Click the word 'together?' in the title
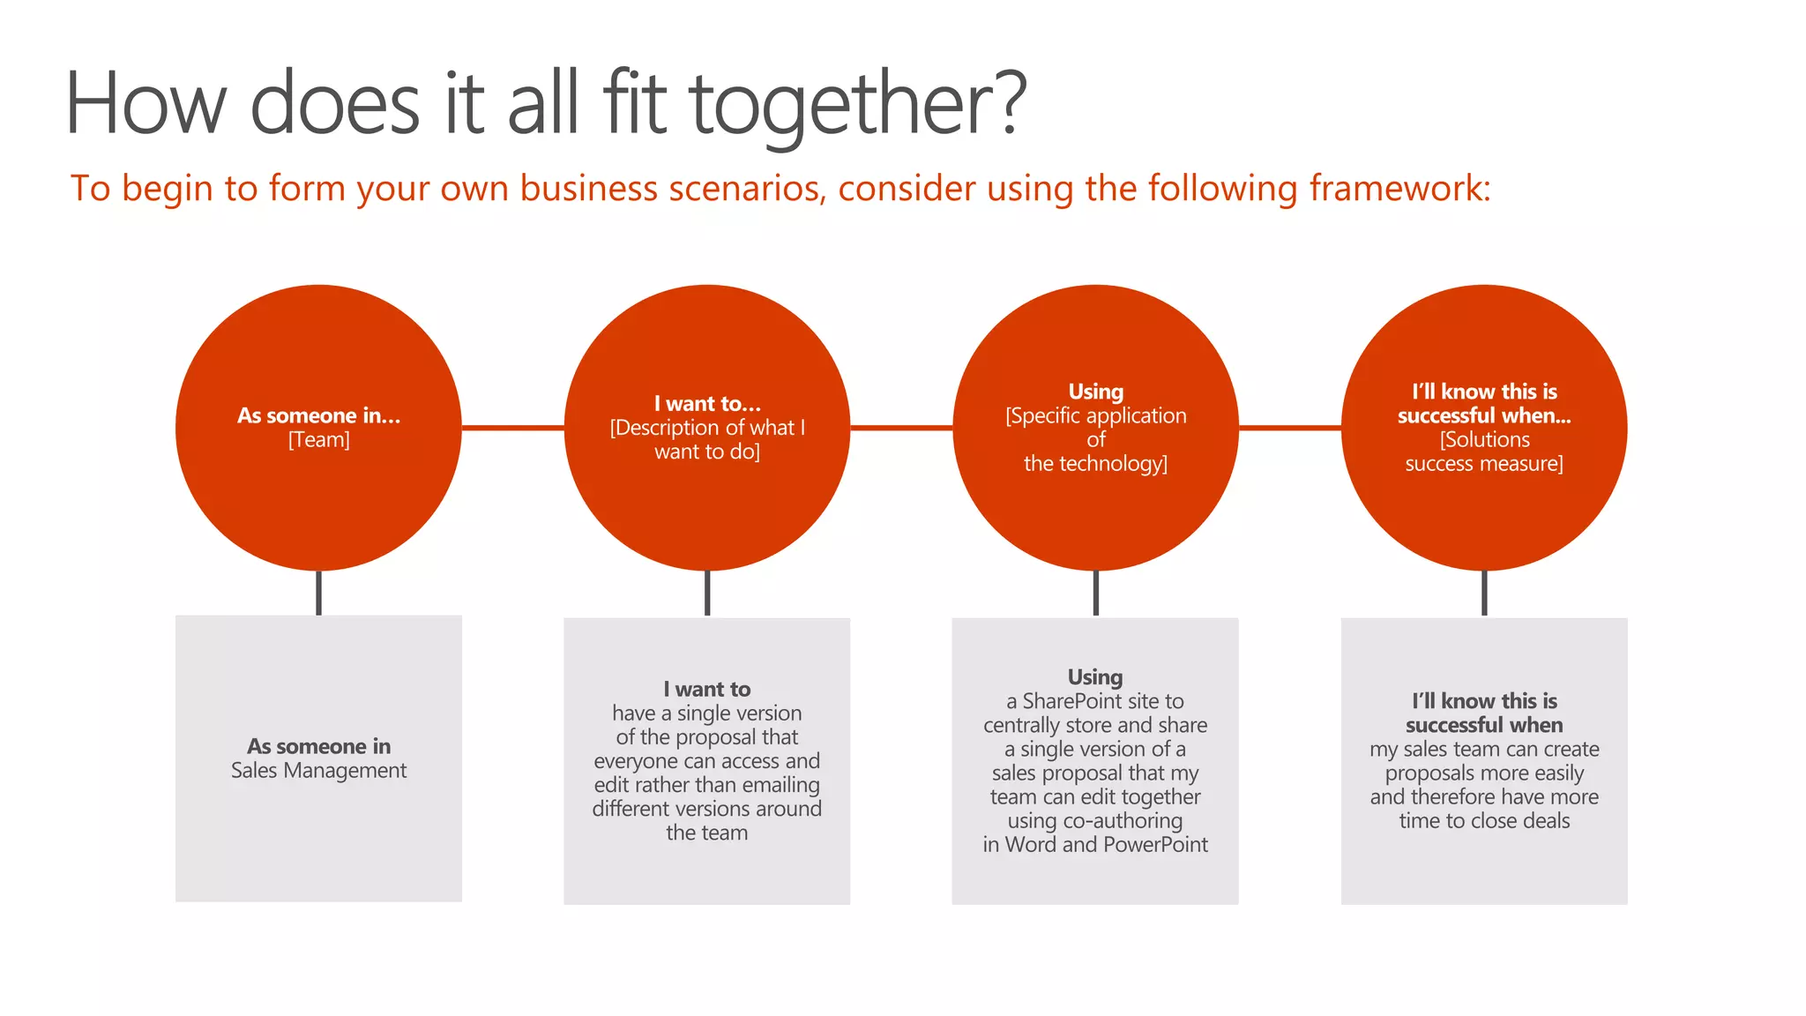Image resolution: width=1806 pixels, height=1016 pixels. click(x=857, y=104)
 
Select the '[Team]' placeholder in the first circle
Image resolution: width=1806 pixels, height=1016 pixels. click(x=318, y=440)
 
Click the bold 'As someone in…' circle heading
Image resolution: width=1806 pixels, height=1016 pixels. click(x=318, y=415)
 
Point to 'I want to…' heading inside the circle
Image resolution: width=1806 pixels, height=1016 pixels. click(x=707, y=404)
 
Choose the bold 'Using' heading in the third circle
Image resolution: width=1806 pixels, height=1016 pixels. click(x=1095, y=392)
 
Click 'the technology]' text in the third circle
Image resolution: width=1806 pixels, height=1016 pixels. click(x=1095, y=464)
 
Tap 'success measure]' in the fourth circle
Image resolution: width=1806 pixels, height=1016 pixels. click(x=1484, y=464)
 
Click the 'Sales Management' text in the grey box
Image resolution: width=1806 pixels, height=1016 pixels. click(x=318, y=771)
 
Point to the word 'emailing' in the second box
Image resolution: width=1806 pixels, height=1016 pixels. click(x=781, y=785)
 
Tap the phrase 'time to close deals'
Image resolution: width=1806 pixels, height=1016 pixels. click(x=1484, y=821)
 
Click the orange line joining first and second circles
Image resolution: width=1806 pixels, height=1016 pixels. click(x=512, y=428)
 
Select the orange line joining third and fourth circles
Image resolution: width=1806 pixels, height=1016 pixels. click(x=1289, y=428)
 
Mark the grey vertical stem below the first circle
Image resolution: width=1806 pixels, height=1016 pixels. click(x=318, y=593)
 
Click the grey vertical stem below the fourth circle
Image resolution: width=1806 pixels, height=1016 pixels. click(x=1484, y=593)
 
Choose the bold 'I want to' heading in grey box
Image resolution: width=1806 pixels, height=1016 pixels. click(x=707, y=690)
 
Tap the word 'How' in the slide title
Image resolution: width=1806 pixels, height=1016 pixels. click(x=146, y=104)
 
